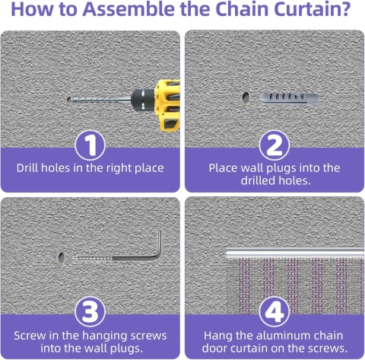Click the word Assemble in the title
pos(129,9)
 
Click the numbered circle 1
pos(90,145)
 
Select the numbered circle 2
pos(275,145)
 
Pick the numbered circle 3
pos(90,312)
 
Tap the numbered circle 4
pos(275,312)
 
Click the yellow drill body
pos(168,105)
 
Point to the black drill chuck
pos(143,100)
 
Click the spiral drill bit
pos(100,100)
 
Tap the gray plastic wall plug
pos(289,98)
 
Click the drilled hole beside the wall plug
pos(246,98)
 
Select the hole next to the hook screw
pos(61,258)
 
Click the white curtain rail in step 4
pos(295,253)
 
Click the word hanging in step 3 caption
pos(106,336)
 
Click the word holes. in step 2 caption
pos(294,180)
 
